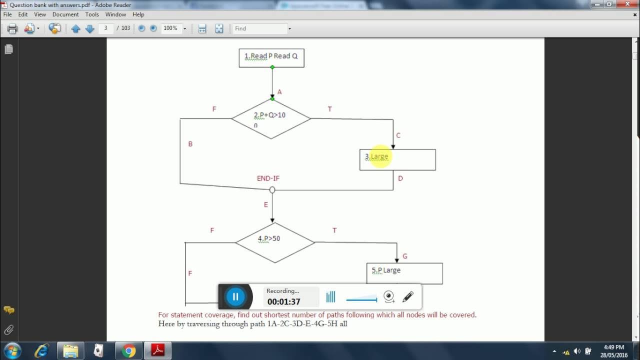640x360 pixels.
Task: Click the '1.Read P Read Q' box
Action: (x=271, y=57)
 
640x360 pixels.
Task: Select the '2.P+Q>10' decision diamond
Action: (x=271, y=118)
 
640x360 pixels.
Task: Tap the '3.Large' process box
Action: (x=397, y=159)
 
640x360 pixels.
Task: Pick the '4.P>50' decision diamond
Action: (x=274, y=242)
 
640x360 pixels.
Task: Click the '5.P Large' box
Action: (x=404, y=273)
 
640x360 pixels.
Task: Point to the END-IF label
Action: (x=268, y=178)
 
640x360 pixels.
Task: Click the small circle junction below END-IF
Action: (x=272, y=190)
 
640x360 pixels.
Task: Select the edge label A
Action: (x=279, y=92)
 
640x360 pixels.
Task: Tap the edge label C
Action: (x=398, y=135)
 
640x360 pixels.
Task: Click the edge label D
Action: (x=400, y=178)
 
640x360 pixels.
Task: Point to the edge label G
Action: (x=404, y=256)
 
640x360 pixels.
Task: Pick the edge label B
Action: (x=190, y=144)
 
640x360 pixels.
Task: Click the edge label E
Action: (x=265, y=204)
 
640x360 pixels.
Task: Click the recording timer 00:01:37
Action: (x=283, y=301)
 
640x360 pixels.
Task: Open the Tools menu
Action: (x=92, y=14)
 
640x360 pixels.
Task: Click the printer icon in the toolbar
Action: (x=12, y=28)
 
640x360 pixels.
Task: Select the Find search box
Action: (x=260, y=28)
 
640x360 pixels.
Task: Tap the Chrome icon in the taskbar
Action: (x=129, y=351)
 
